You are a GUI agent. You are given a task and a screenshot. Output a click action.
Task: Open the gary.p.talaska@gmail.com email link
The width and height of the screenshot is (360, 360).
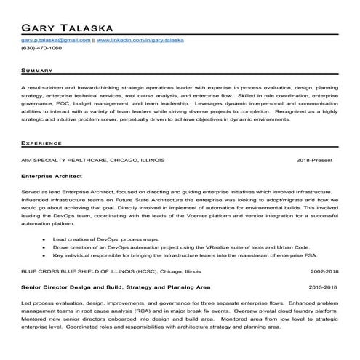[55, 40]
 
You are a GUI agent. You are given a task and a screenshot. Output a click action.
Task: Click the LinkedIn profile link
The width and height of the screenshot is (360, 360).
[140, 40]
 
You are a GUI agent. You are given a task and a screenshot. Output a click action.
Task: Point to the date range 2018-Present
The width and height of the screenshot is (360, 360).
[317, 159]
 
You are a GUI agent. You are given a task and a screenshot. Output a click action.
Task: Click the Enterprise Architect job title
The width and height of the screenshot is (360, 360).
[51, 176]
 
